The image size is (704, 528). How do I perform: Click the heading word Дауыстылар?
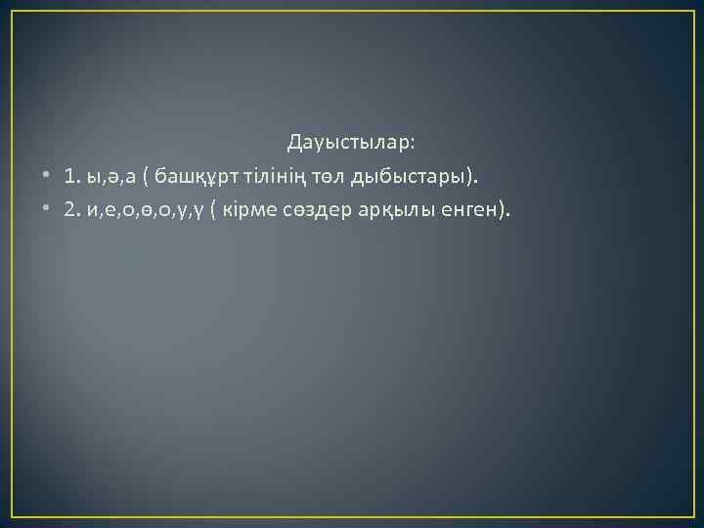point(348,144)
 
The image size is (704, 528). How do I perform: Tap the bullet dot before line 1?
point(46,177)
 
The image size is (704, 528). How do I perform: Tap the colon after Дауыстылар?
point(413,145)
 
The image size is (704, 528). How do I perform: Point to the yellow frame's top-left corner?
point(12,12)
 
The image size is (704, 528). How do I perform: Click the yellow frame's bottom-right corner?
point(692,515)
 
